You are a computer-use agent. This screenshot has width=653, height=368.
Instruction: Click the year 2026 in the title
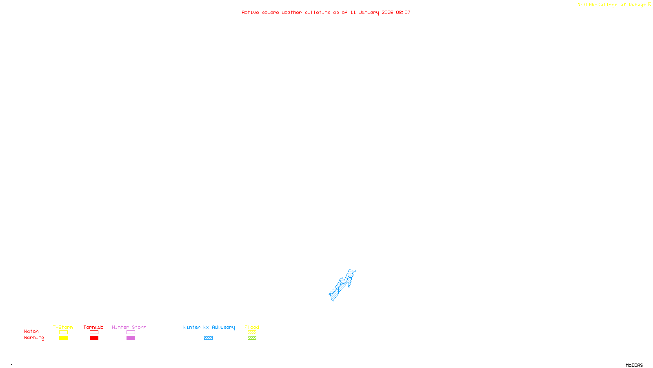(387, 13)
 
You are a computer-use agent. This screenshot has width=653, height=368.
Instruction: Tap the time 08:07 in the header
(403, 13)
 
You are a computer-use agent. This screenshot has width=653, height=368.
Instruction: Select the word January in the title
(369, 13)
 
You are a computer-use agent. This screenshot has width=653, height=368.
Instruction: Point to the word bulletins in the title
(317, 13)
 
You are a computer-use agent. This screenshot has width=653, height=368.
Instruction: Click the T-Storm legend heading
(63, 327)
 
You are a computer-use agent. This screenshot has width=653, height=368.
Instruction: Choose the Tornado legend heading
(93, 327)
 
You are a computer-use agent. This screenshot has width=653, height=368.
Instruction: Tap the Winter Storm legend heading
(129, 327)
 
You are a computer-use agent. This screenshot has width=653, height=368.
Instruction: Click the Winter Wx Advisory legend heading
(209, 327)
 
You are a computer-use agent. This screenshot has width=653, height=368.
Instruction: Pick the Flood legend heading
(252, 327)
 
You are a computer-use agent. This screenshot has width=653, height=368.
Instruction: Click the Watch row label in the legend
(31, 332)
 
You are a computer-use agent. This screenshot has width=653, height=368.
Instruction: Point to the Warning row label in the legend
(34, 338)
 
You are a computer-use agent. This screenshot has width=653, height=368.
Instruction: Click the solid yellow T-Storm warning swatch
(63, 338)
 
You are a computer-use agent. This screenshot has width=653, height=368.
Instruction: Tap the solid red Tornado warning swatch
(94, 338)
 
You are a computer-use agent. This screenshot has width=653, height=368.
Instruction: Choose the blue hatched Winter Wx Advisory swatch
(208, 338)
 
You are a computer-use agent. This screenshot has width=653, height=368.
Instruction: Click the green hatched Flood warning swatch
(252, 338)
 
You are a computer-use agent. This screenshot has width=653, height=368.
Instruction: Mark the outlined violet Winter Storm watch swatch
(131, 332)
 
